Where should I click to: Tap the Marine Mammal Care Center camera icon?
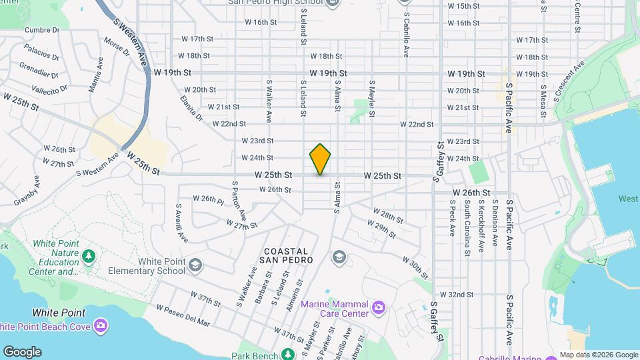[379, 307]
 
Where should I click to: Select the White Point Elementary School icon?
[195, 265]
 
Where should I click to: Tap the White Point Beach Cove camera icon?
[101, 325]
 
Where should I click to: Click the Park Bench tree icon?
[288, 354]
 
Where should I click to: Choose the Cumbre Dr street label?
[42, 30]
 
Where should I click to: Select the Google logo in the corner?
[22, 351]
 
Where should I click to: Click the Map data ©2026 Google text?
[598, 355]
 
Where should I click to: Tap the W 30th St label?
[415, 267]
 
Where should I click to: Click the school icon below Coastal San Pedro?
[339, 257]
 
